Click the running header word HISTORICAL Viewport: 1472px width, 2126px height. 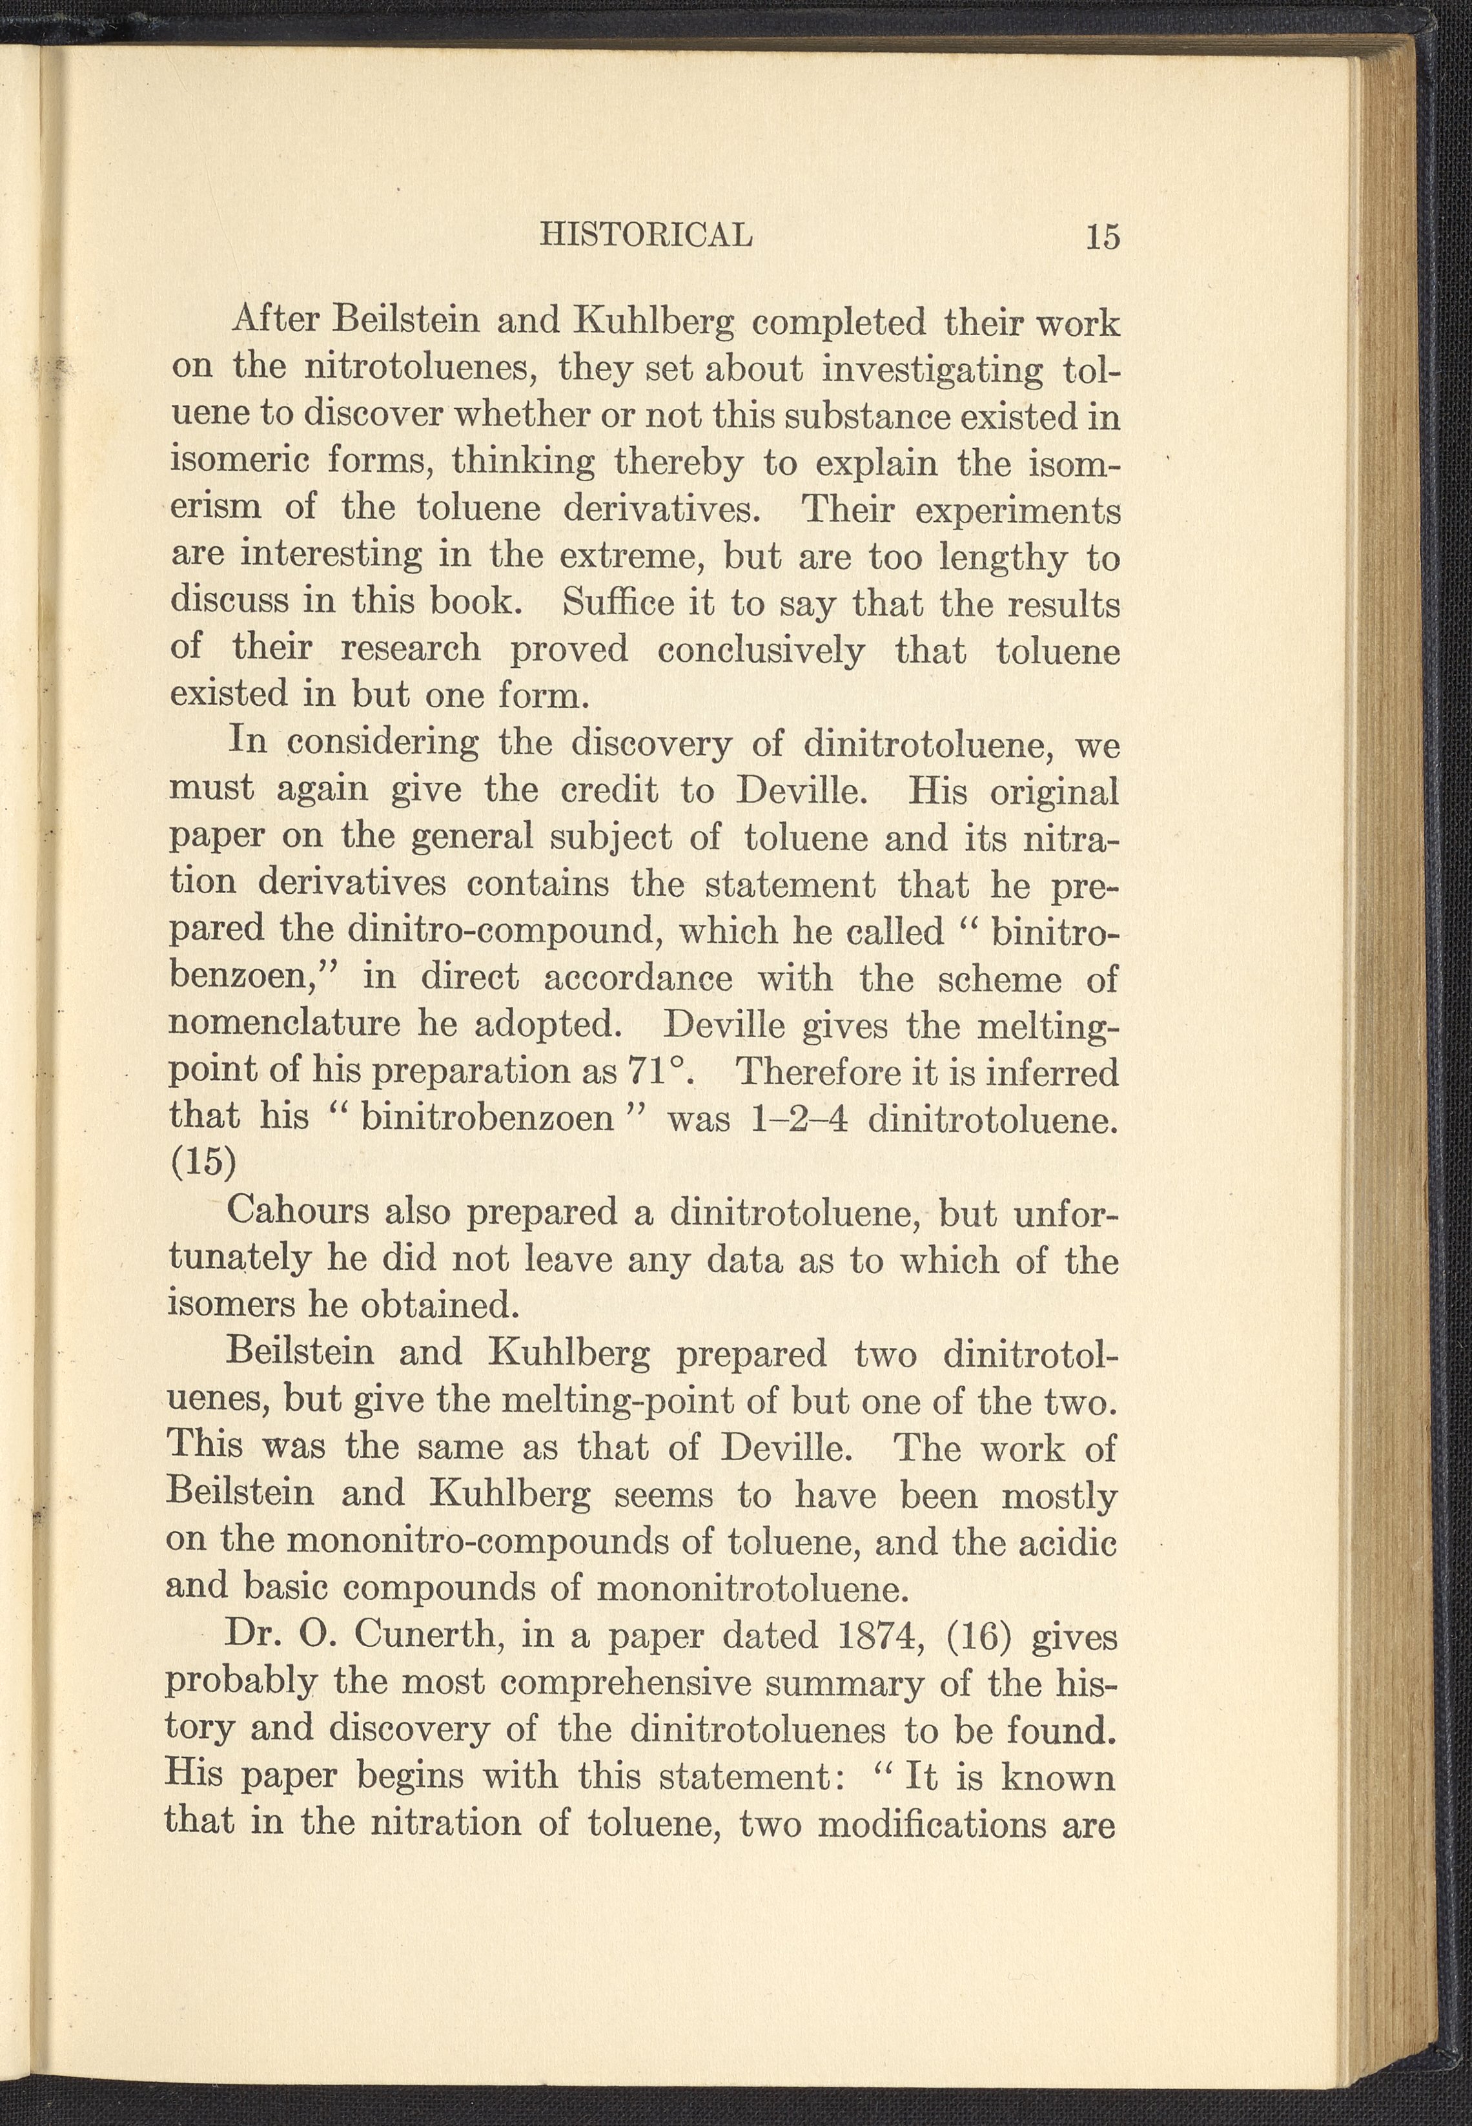(646, 235)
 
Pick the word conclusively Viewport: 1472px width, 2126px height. (761, 650)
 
